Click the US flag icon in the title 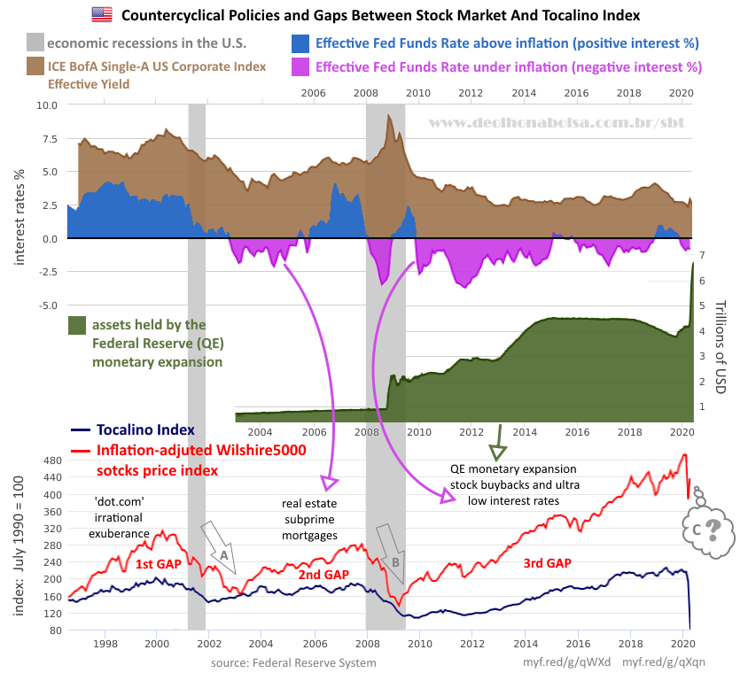tap(101, 14)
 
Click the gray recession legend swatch tap(35, 43)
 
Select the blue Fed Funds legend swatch tap(300, 43)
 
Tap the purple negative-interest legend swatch tap(300, 67)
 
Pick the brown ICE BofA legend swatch tap(35, 67)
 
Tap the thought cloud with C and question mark tap(705, 528)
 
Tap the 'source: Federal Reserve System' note tap(293, 662)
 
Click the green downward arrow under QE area tap(498, 437)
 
